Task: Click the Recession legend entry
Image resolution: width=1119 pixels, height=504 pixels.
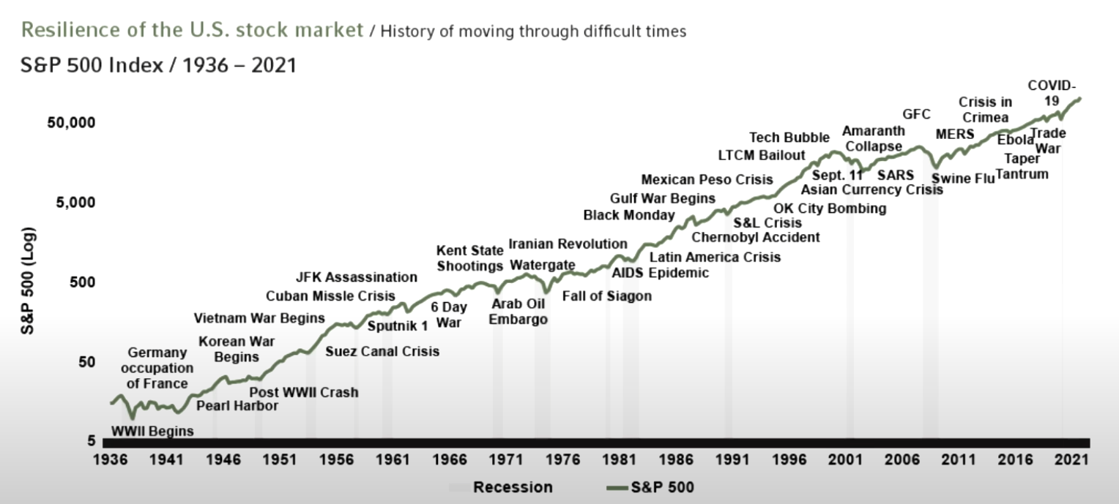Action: point(513,487)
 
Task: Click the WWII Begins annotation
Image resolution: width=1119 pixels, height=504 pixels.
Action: point(152,431)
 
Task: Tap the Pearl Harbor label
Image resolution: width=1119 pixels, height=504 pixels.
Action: point(237,406)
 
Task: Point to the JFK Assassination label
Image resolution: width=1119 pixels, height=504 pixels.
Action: point(357,277)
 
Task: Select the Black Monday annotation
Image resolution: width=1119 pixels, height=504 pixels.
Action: point(629,215)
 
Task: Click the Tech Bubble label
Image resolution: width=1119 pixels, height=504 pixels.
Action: point(789,138)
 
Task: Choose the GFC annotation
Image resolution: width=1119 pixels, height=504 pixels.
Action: point(916,114)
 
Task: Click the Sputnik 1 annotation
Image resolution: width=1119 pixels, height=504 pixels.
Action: point(397,326)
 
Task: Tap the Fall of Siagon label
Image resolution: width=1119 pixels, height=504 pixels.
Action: point(606,296)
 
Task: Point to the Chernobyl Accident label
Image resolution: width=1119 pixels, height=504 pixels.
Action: point(756,237)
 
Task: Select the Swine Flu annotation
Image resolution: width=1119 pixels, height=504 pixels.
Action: point(962,178)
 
